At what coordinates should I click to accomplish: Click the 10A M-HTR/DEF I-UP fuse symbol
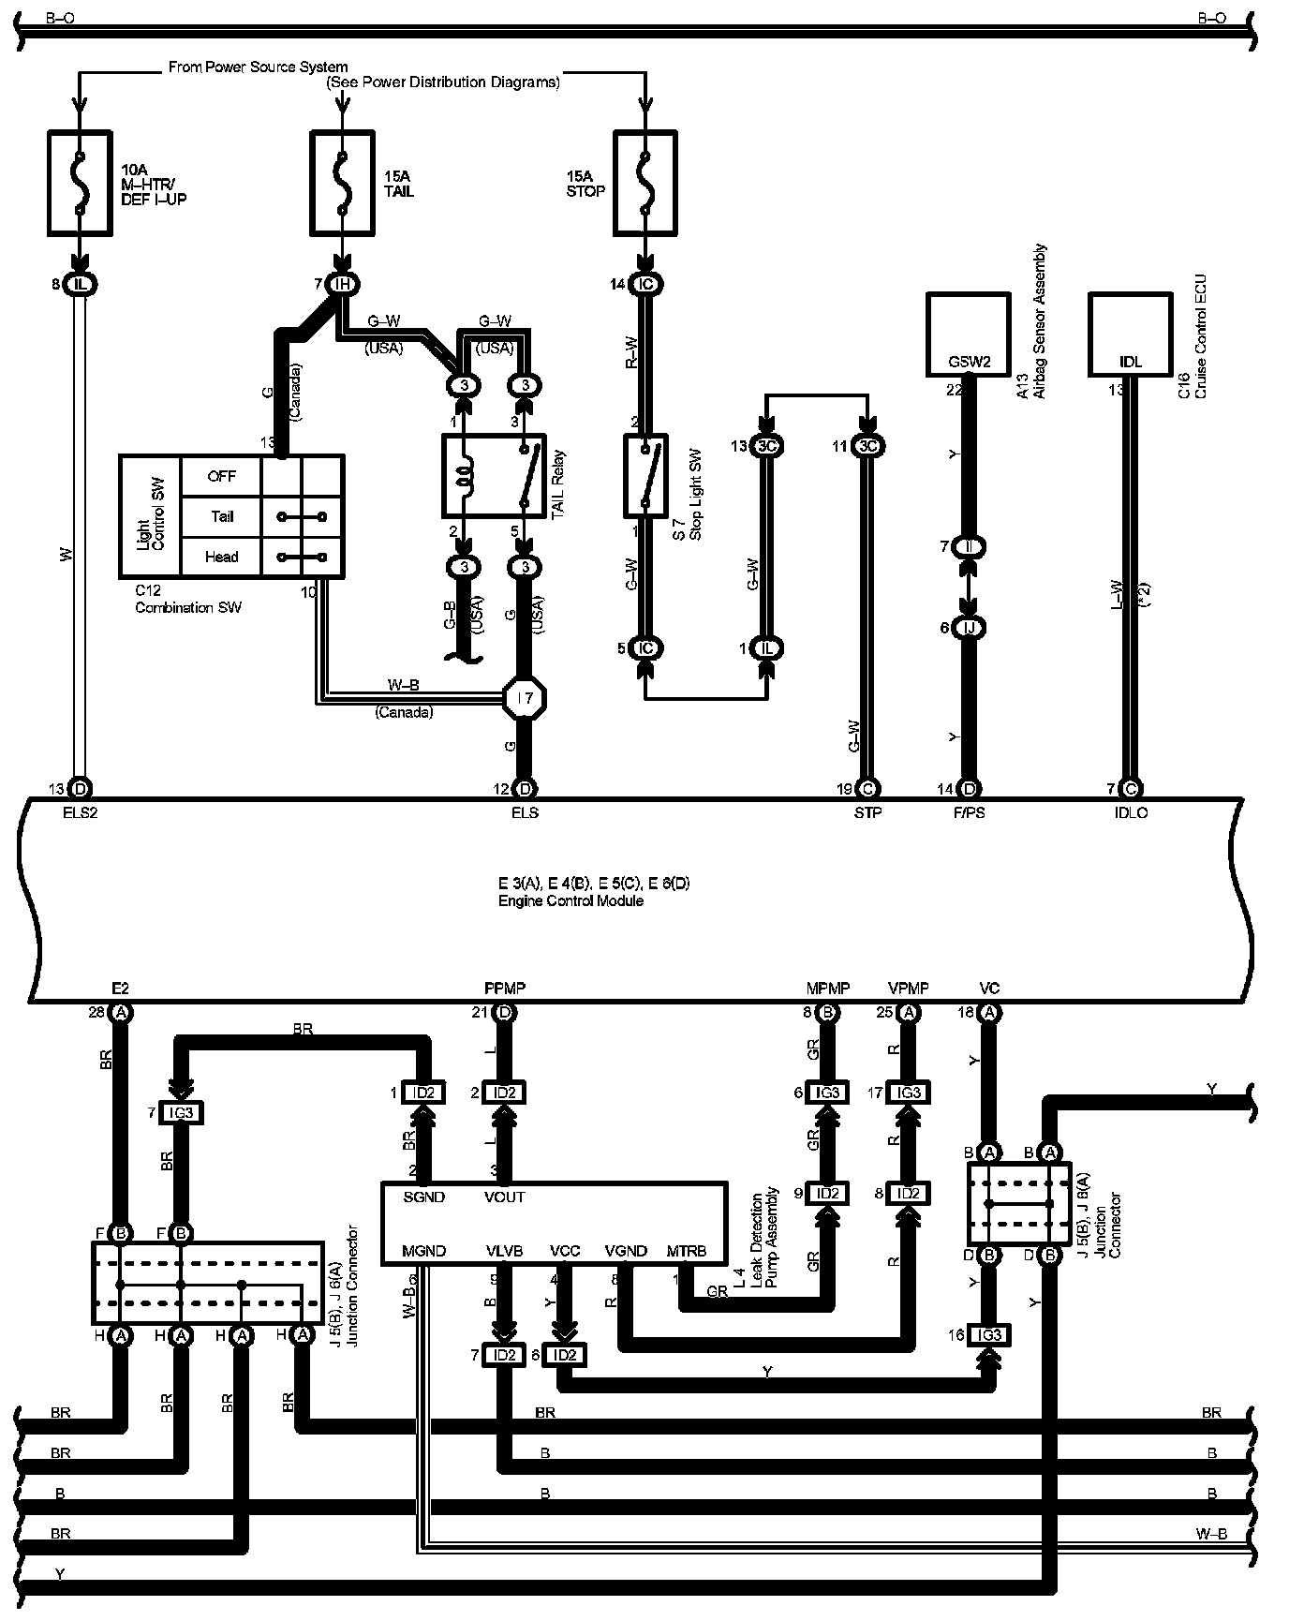80,183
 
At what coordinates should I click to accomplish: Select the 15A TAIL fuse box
343,183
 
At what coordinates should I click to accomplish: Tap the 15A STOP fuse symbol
644,183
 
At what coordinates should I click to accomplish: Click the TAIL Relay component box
494,475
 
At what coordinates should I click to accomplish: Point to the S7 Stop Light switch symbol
645,475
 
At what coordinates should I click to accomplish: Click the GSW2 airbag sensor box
969,334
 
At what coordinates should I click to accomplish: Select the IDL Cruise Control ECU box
1131,334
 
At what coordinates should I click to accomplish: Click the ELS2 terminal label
80,812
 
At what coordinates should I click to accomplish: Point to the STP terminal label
867,812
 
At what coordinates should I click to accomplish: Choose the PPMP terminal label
505,989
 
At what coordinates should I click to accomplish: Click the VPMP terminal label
908,989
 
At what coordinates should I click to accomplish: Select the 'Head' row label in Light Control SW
221,557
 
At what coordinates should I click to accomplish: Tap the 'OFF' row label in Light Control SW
221,476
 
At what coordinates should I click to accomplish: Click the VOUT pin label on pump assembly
505,1197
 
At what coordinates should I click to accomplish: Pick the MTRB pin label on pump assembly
686,1251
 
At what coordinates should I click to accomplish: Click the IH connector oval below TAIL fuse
343,284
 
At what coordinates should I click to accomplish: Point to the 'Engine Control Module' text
570,900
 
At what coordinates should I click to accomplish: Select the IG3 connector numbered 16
988,1335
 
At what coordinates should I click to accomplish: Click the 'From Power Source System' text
258,67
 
